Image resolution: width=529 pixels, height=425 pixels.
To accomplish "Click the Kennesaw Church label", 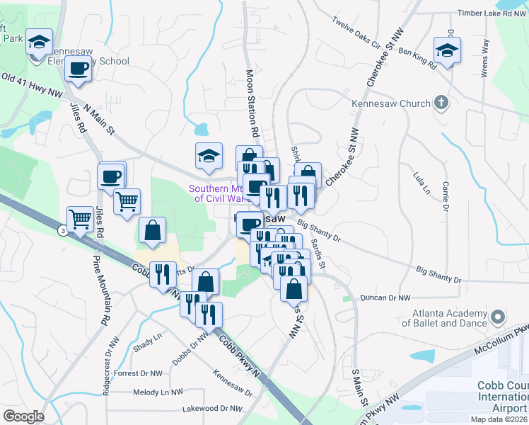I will (x=391, y=104).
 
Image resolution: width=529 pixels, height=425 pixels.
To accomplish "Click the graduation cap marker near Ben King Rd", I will (x=447, y=52).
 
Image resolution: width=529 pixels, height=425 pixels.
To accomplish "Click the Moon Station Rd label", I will (x=250, y=103).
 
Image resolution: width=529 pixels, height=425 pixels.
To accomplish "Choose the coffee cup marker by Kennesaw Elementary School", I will (x=78, y=69).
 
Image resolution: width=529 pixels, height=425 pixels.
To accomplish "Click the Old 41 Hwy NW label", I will (x=33, y=84).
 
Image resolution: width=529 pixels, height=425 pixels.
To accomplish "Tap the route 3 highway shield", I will (x=64, y=231).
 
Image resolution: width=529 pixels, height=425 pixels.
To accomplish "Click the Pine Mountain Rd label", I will (x=100, y=290).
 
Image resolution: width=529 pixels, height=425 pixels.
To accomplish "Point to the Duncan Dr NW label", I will (x=385, y=298).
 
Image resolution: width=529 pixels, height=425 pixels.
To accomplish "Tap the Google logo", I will (x=23, y=416).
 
